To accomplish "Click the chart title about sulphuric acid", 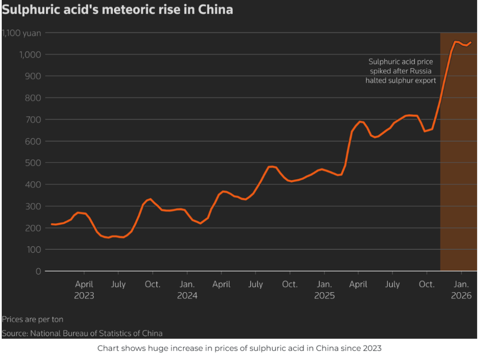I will (x=117, y=9).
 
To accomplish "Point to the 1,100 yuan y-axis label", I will (x=22, y=33).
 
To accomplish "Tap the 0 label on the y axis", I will (x=39, y=271).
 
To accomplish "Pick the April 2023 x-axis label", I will (x=84, y=290).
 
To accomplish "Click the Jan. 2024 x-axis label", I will (x=187, y=290).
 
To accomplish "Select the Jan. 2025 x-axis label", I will (x=324, y=290).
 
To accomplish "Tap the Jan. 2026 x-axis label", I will (x=462, y=290).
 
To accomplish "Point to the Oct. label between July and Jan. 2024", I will (x=153, y=284).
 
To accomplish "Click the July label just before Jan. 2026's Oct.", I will (x=393, y=284).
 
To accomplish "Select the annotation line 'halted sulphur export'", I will (x=401, y=80).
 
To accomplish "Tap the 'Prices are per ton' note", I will (x=33, y=319).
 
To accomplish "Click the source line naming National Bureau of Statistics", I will (x=82, y=333).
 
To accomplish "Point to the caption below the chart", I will (x=239, y=348).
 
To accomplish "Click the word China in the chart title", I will (x=215, y=9).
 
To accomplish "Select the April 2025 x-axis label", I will (x=358, y=284).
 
